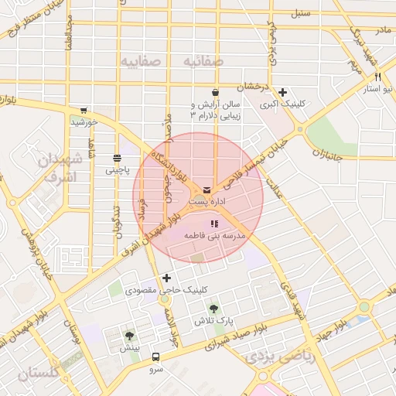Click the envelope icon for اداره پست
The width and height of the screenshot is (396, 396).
pyautogui.click(x=207, y=189)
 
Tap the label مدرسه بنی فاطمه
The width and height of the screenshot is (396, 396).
pyautogui.click(x=214, y=234)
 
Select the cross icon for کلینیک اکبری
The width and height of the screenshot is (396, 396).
pyautogui.click(x=283, y=92)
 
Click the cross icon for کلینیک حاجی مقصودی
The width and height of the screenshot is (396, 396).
pyautogui.click(x=166, y=278)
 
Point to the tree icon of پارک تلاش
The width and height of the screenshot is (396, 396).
pyautogui.click(x=214, y=309)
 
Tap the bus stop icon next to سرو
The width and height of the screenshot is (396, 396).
pyautogui.click(x=156, y=357)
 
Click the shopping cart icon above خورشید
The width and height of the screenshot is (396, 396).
pyautogui.click(x=84, y=111)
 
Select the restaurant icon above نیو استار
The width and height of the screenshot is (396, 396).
pyautogui.click(x=377, y=77)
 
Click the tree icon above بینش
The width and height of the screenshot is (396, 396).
pyautogui.click(x=129, y=336)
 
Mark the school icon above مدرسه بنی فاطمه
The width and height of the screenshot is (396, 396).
pyautogui.click(x=214, y=223)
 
